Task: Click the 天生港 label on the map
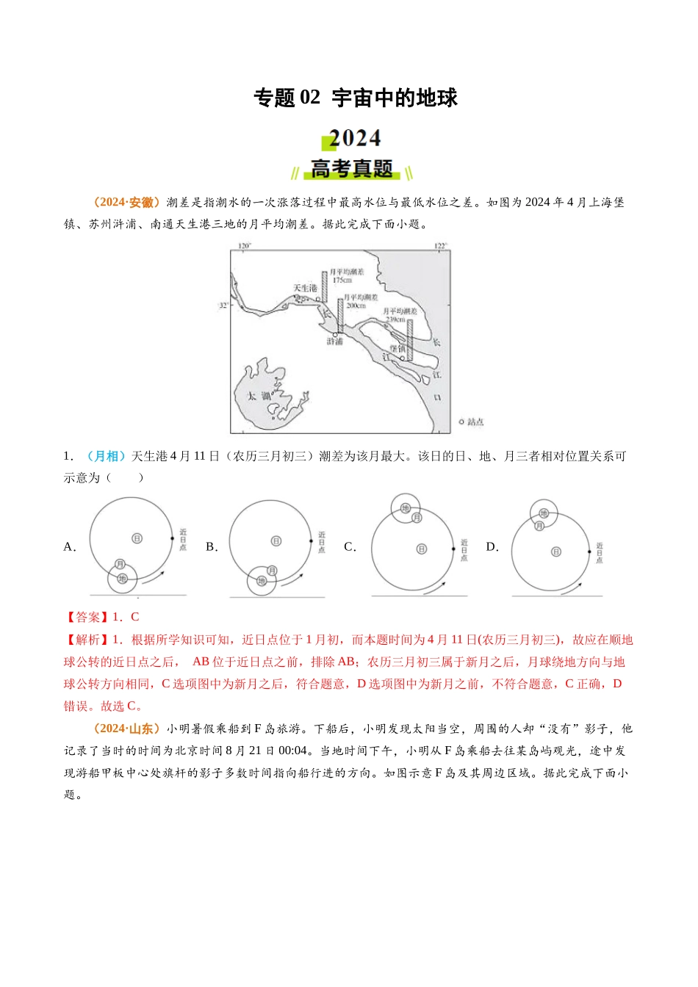(x=305, y=289)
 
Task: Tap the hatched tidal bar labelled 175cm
(x=324, y=286)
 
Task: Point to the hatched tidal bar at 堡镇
(x=410, y=340)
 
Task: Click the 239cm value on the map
(x=395, y=320)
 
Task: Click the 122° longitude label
(x=440, y=246)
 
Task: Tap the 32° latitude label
(x=223, y=305)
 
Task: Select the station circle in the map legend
(x=461, y=422)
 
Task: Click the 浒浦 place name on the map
(x=334, y=341)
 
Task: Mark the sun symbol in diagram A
(x=137, y=538)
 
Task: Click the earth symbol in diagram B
(x=262, y=581)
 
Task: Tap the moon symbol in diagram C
(x=417, y=518)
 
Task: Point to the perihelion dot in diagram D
(x=589, y=552)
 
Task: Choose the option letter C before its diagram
(x=350, y=547)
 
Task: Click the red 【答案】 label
(x=86, y=617)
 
